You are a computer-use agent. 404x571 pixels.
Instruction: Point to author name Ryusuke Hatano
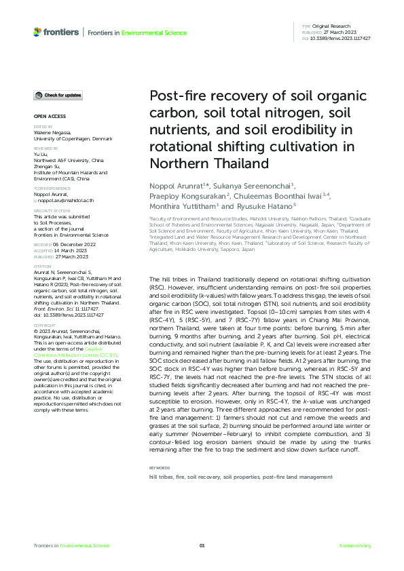pyautogui.click(x=263, y=205)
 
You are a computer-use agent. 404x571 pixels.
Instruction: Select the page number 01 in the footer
pyautogui.click(x=202, y=545)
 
